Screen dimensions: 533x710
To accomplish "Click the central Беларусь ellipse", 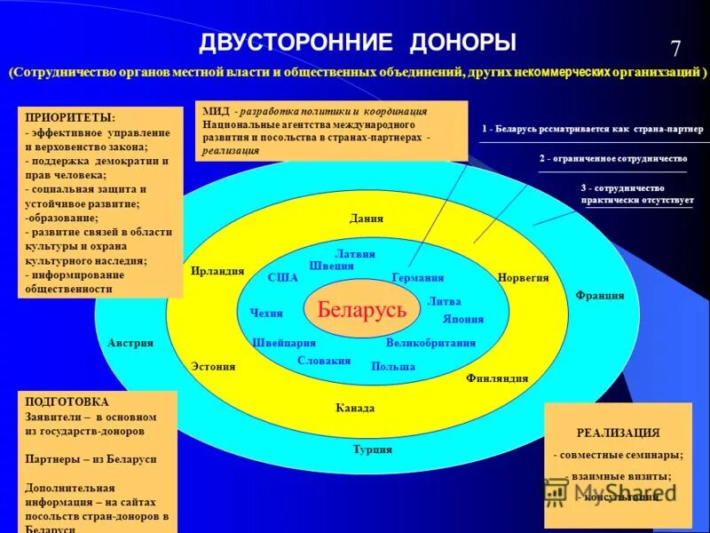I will pos(361,310).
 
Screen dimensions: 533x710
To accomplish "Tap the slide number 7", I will pos(675,50).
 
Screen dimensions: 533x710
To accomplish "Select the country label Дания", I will pos(366,219).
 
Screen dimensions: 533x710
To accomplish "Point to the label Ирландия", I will pos(217,272).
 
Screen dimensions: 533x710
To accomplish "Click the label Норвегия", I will pos(524,278).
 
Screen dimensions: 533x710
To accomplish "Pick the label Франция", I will pos(600,296).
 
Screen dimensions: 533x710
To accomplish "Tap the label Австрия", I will pos(130,343).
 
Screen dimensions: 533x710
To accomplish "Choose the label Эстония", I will pos(213,366).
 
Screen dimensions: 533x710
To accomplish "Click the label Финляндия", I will pos(497,378).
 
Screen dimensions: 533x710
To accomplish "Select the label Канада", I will pos(355,409).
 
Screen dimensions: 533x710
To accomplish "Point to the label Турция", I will pos(373,449).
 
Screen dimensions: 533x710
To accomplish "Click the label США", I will pos(282,278).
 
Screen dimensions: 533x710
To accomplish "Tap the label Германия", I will pos(417,278).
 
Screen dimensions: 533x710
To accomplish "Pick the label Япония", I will pos(463,320).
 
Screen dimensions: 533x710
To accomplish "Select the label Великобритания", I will pos(430,343).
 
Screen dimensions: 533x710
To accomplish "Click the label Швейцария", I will pos(284,343).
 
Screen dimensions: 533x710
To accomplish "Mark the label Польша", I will pos(393,366).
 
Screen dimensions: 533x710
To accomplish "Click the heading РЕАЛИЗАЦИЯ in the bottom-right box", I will pos(618,434).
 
